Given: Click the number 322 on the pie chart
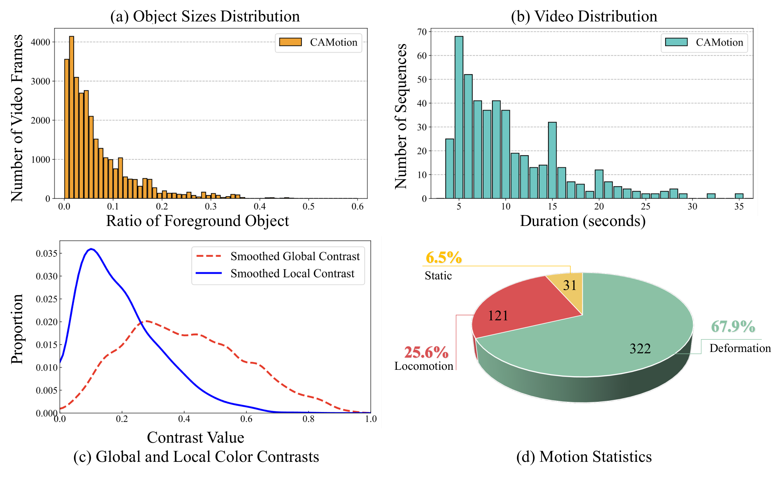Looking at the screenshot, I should pos(640,349).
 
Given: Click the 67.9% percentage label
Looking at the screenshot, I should pos(733,327).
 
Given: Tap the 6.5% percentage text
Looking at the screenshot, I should pos(443,257).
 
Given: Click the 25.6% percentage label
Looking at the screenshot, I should pos(426,352).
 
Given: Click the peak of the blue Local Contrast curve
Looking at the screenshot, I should pos(91,249).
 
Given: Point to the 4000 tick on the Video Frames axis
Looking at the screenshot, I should pos(40,42).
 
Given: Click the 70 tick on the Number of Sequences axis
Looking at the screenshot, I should pos(422,32).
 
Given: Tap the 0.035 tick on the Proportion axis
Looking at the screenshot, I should pos(47,253).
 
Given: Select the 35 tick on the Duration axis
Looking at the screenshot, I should pos(739,207).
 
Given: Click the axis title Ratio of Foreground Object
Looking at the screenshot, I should pos(197,221).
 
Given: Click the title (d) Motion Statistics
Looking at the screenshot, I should pos(584,457).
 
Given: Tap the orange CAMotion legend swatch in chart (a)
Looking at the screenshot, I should pos(290,42).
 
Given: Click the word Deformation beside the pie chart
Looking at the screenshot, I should pos(740,348).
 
